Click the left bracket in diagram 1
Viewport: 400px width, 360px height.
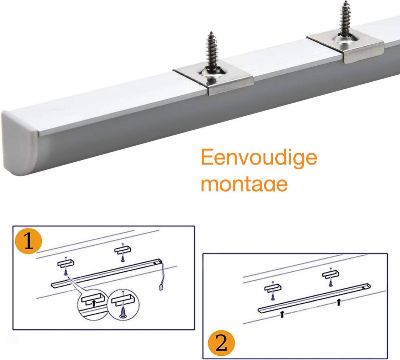[x=66, y=264]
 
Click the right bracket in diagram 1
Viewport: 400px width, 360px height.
[x=123, y=250]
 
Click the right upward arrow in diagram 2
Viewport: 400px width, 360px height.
[x=339, y=302]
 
